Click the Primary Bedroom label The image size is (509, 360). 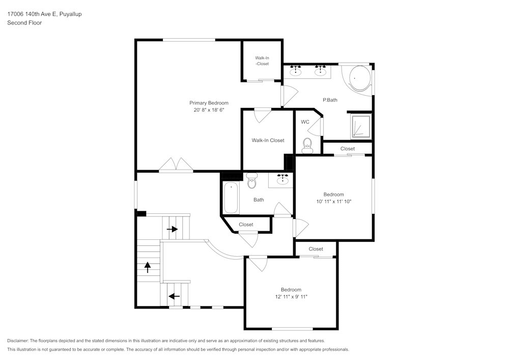click(x=209, y=103)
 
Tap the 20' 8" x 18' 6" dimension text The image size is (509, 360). click(x=209, y=110)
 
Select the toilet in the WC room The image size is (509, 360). click(x=307, y=147)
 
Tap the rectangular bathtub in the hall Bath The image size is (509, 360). click(x=231, y=198)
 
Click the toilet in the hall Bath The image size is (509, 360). click(x=252, y=180)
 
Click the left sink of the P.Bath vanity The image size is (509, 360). click(x=296, y=71)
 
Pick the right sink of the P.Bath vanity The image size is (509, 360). click(x=320, y=71)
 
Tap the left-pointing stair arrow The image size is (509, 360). click(x=174, y=296)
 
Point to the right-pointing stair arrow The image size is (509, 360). click(x=172, y=229)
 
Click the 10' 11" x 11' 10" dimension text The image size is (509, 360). click(x=334, y=202)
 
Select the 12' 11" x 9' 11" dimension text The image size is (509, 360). click(x=291, y=297)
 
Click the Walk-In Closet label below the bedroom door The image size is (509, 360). click(x=268, y=141)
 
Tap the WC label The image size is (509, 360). click(x=305, y=122)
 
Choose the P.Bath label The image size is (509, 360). click(x=330, y=100)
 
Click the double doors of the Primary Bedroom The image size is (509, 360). click(x=176, y=165)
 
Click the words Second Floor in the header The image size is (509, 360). click(x=24, y=23)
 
